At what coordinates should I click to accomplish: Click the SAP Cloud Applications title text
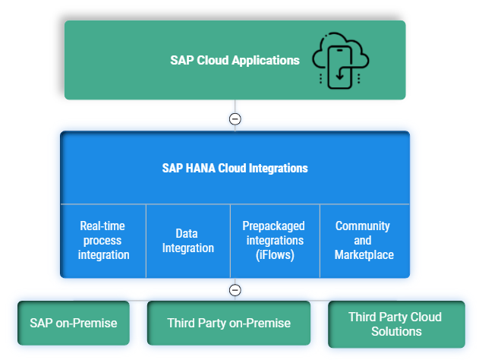[x=235, y=60]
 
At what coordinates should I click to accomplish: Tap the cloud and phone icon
[x=341, y=60]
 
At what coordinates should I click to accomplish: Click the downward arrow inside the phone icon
[x=339, y=74]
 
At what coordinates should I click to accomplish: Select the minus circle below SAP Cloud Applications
[x=235, y=118]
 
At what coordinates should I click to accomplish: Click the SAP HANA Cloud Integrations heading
[x=235, y=168]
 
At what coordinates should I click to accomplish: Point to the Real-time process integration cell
[x=103, y=241]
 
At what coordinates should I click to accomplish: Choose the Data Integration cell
[x=188, y=241]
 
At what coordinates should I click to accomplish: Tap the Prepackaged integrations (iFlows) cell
[x=275, y=241]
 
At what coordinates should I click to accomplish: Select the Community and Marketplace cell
[x=364, y=241]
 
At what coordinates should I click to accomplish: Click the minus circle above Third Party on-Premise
[x=235, y=290]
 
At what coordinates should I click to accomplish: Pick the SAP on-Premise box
[x=74, y=323]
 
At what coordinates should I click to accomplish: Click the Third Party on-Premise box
[x=228, y=323]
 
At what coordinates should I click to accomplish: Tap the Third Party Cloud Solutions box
[x=396, y=324]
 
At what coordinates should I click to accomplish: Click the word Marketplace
[x=364, y=254]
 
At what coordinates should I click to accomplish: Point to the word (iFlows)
[x=275, y=255]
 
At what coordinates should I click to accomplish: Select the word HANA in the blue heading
[x=200, y=168]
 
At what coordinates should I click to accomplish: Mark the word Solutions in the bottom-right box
[x=396, y=331]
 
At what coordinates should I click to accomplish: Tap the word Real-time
[x=102, y=226]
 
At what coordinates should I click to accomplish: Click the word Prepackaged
[x=273, y=226]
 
